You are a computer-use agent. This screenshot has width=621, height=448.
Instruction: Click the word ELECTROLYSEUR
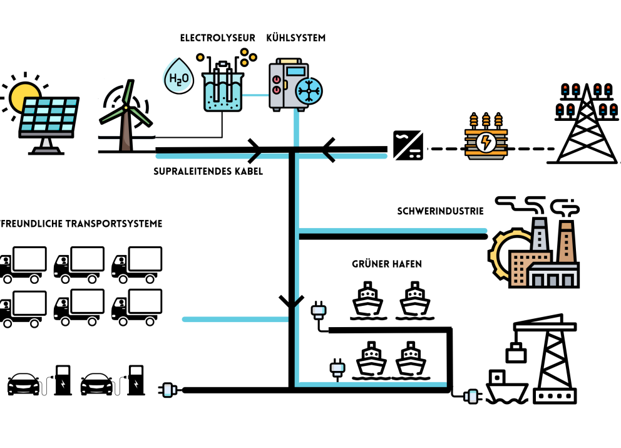(217, 38)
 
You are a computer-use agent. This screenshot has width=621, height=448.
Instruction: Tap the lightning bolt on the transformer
(485, 142)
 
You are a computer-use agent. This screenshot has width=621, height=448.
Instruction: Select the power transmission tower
(586, 125)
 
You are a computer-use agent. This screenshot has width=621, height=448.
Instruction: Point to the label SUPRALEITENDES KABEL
(208, 170)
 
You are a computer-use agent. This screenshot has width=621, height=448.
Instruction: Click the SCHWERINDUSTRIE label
(441, 211)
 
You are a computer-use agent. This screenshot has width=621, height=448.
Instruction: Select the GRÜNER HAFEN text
(386, 264)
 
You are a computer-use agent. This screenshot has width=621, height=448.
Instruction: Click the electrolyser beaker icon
(222, 88)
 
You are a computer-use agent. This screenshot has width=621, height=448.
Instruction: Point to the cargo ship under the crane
(505, 388)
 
